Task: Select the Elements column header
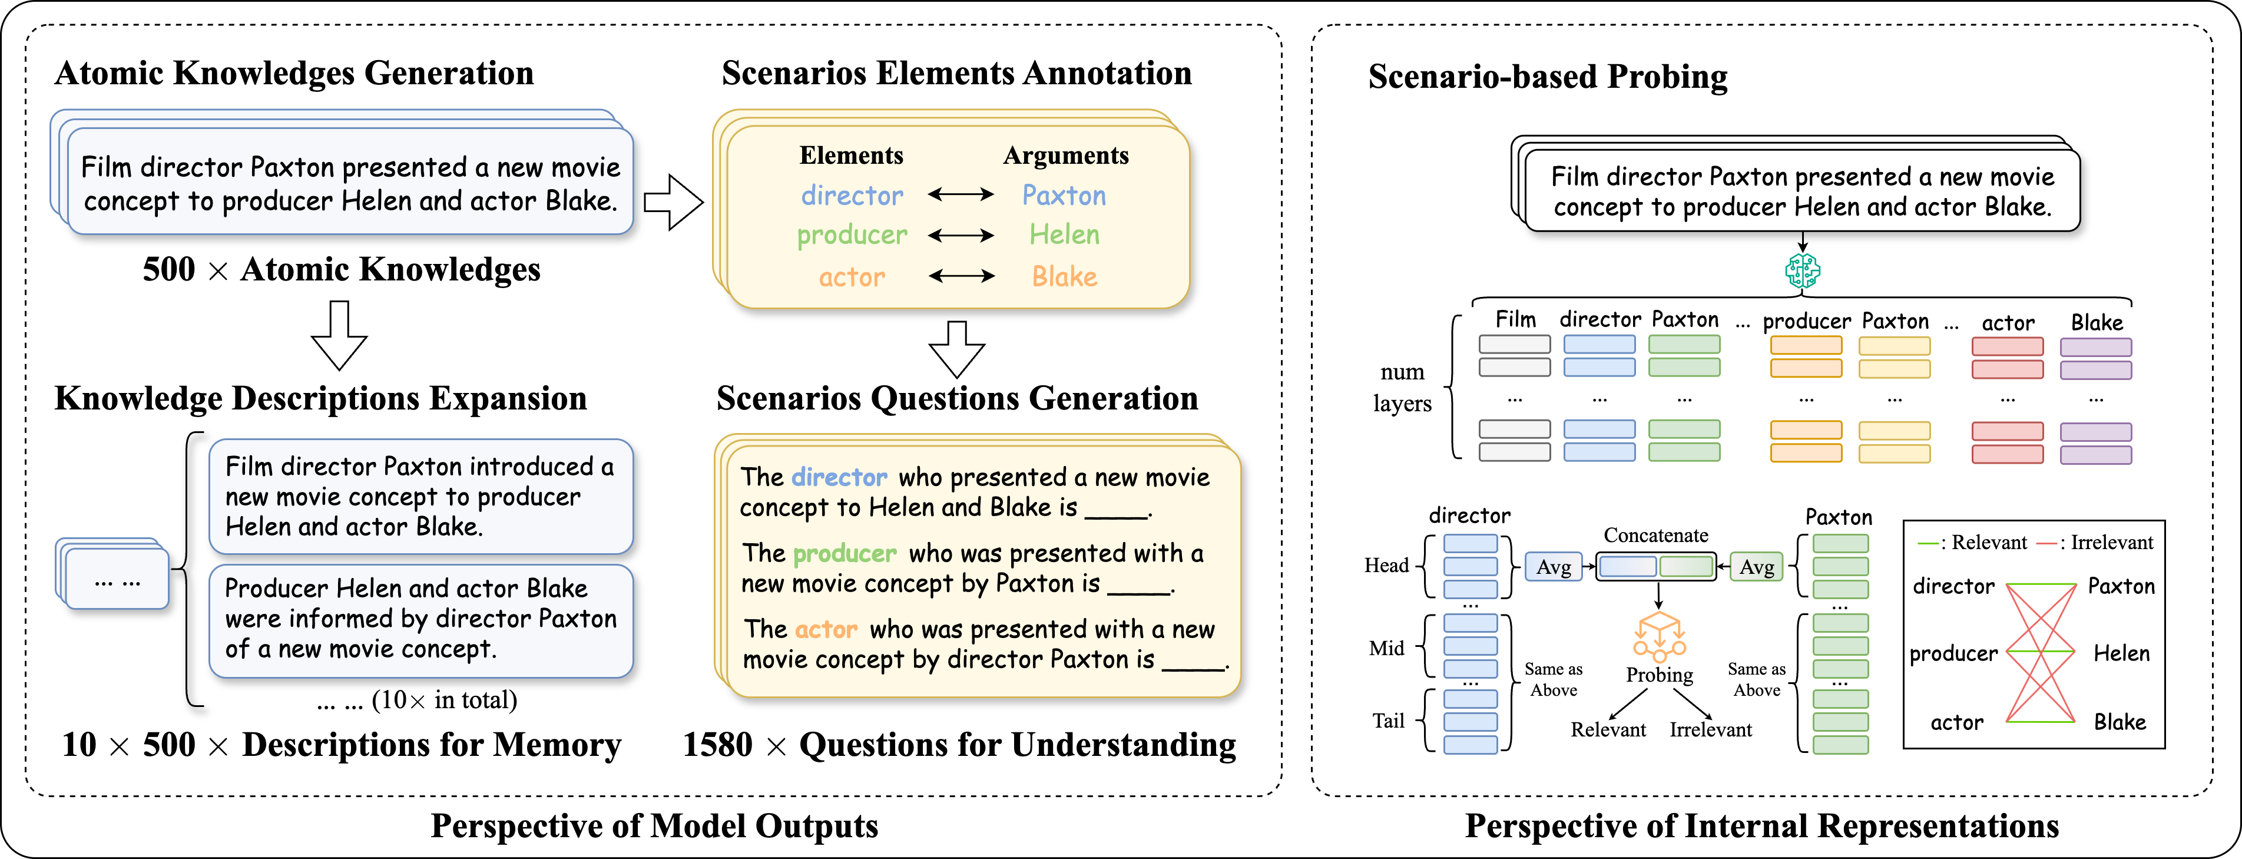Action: (x=851, y=156)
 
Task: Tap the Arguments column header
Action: (x=1065, y=156)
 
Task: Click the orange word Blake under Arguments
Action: (x=1064, y=277)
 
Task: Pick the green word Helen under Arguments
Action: (x=1064, y=235)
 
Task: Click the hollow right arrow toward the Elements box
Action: (x=673, y=202)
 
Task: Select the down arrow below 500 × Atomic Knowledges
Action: (x=339, y=335)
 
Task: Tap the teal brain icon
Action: (x=1801, y=270)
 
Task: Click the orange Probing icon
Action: (x=1659, y=637)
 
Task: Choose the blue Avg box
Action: (x=1554, y=567)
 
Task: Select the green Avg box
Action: (x=1756, y=567)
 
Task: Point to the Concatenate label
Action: (x=1655, y=535)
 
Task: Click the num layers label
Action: (x=1402, y=387)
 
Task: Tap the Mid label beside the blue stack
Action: (x=1386, y=649)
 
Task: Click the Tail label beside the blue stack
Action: (x=1388, y=721)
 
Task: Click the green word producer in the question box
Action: (x=845, y=554)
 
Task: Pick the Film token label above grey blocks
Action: (x=1515, y=319)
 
